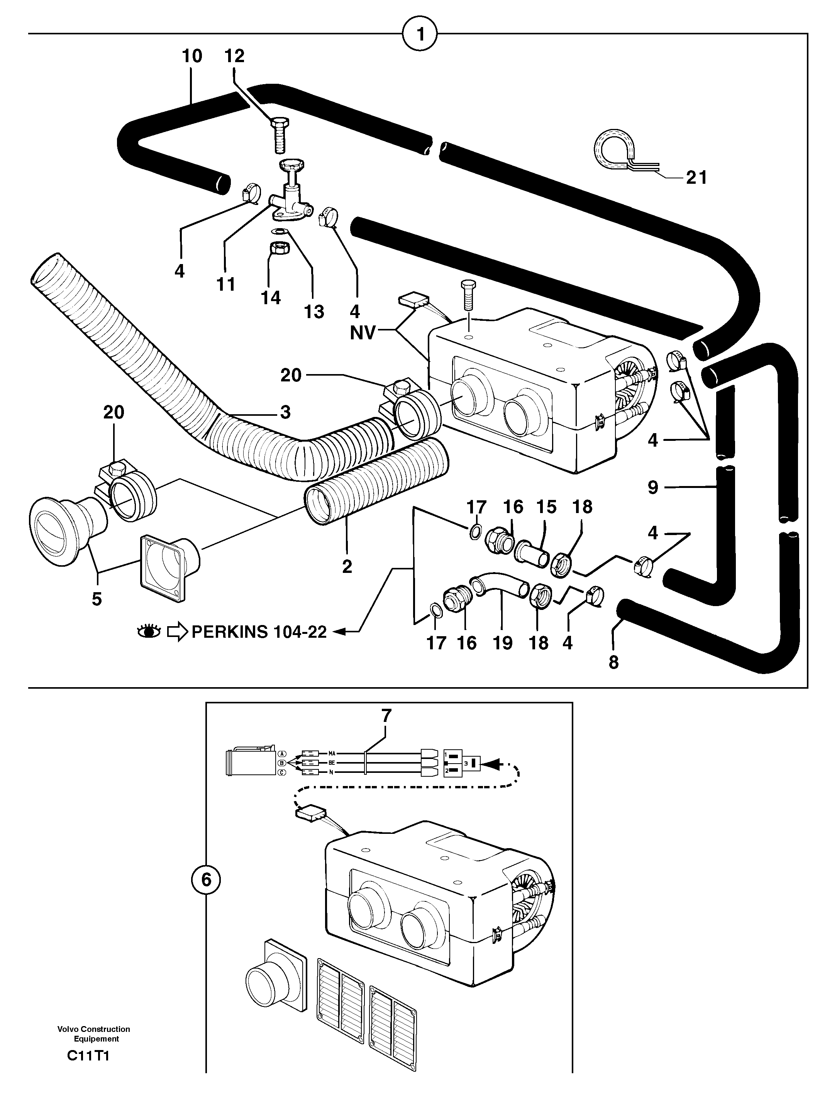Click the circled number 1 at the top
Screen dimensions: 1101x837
pyautogui.click(x=420, y=34)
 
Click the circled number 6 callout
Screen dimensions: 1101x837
pyautogui.click(x=206, y=880)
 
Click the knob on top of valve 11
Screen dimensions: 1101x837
pyautogui.click(x=291, y=165)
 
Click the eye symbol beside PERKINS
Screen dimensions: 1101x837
pyautogui.click(x=149, y=632)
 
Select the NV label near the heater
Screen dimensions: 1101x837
pyautogui.click(x=362, y=332)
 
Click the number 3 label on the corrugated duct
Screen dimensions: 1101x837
pyautogui.click(x=285, y=412)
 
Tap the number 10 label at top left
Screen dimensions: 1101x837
pyautogui.click(x=192, y=56)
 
